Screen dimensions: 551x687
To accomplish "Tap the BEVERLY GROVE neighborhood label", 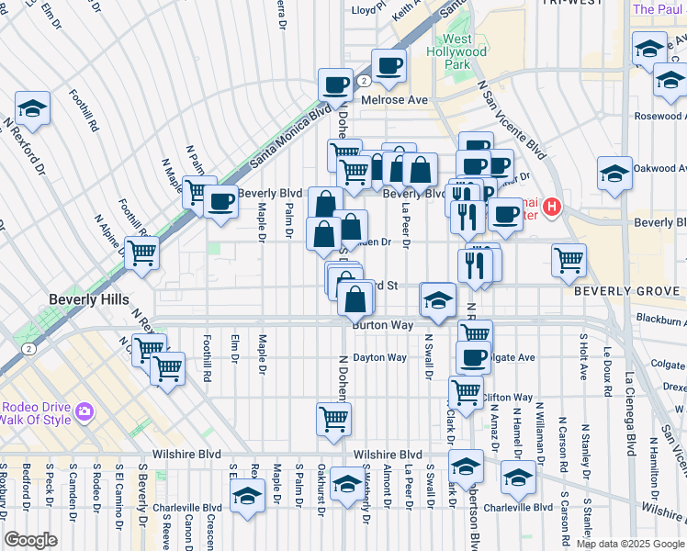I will click(x=629, y=291).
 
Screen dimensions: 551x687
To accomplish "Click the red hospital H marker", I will click(x=551, y=208).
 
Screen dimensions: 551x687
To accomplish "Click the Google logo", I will click(x=30, y=540).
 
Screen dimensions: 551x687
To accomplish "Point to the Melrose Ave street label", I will click(x=395, y=99).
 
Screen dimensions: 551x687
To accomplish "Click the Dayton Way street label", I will click(x=379, y=357).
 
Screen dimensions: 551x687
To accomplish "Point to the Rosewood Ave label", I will click(x=658, y=117).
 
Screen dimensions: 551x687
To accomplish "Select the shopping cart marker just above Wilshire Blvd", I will click(x=332, y=418).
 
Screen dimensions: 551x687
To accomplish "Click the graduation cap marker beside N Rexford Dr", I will click(x=32, y=108).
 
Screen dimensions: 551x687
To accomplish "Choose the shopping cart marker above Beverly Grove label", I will click(x=569, y=258).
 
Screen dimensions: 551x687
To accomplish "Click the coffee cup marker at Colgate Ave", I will click(x=473, y=356).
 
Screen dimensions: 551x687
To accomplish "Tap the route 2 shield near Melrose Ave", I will click(x=365, y=81).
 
